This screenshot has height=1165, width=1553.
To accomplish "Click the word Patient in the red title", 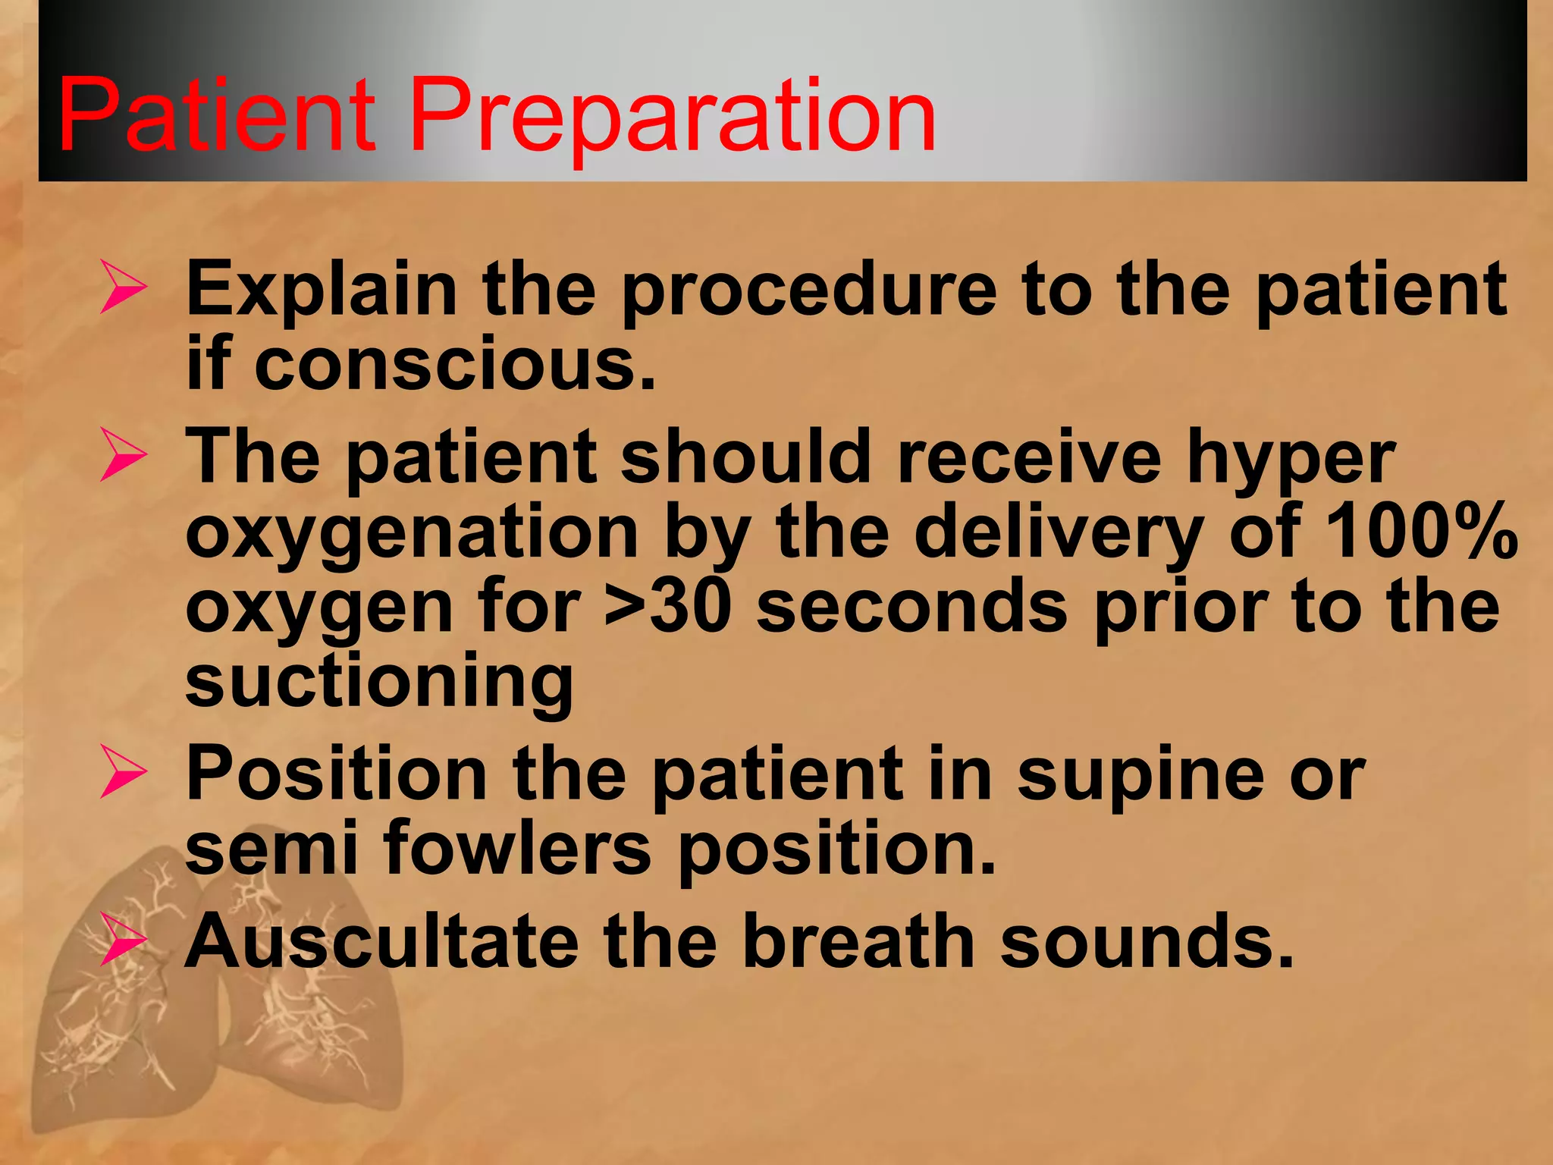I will click(x=216, y=115).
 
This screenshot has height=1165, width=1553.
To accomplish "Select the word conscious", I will click(x=454, y=365).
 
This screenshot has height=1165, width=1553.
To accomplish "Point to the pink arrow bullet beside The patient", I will click(x=124, y=455).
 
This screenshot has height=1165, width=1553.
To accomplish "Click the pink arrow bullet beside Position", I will click(x=124, y=771).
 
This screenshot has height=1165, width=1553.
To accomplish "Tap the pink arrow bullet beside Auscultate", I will click(x=124, y=940).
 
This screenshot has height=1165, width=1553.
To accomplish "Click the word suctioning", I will click(x=379, y=681).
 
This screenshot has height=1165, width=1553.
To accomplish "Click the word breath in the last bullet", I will click(x=858, y=941).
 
